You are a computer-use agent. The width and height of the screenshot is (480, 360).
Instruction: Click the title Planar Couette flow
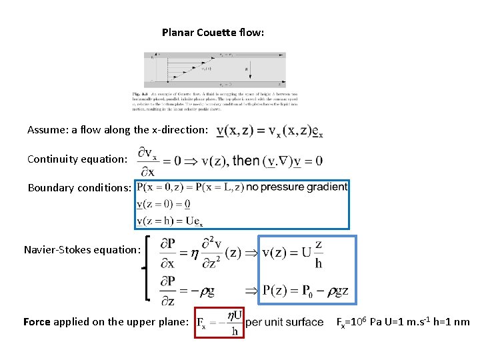(x=213, y=32)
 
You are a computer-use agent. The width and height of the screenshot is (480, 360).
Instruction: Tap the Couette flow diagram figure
(x=215, y=69)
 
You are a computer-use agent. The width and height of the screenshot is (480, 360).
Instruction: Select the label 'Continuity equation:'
(x=76, y=159)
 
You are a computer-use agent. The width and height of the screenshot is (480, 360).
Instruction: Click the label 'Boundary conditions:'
(x=79, y=188)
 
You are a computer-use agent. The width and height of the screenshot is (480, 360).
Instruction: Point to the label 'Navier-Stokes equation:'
(x=82, y=250)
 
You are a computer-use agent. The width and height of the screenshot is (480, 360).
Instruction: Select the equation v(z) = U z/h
(x=293, y=253)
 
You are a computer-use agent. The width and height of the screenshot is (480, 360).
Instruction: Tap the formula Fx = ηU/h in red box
(x=219, y=322)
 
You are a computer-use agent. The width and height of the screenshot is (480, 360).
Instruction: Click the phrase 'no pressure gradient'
(x=297, y=187)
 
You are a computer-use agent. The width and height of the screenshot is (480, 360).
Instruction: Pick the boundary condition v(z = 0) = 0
(x=163, y=204)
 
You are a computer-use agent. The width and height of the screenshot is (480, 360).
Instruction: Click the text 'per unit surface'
(x=285, y=323)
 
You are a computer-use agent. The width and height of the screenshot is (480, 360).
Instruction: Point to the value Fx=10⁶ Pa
(x=360, y=322)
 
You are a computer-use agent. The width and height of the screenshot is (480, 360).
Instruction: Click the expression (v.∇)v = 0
(x=293, y=161)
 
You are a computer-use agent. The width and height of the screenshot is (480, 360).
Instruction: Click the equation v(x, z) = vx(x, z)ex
(x=270, y=131)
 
